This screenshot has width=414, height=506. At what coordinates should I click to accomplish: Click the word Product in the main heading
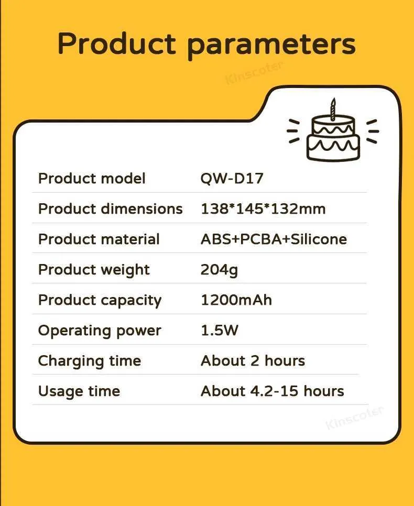click(117, 43)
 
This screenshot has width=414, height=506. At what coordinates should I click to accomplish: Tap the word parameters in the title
click(271, 46)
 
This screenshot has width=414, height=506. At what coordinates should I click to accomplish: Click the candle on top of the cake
click(333, 109)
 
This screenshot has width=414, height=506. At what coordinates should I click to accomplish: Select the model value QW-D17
click(232, 179)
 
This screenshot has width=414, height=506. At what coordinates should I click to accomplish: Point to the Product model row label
click(92, 179)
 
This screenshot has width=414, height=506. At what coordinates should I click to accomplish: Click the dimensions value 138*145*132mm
click(263, 209)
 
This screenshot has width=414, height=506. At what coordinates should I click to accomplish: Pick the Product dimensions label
click(111, 209)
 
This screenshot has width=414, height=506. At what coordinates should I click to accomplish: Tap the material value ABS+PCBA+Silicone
click(274, 239)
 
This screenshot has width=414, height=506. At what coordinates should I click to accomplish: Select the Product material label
click(99, 239)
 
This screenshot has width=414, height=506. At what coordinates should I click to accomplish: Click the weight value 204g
click(219, 270)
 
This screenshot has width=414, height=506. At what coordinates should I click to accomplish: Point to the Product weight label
click(94, 270)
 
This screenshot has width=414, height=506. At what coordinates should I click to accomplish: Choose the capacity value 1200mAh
click(236, 300)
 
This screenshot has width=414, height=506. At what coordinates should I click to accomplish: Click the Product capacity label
click(100, 301)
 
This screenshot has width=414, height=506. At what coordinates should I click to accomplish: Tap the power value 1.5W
click(220, 331)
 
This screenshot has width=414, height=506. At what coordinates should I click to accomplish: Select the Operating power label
click(100, 331)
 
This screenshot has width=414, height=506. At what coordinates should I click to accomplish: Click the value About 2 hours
click(253, 361)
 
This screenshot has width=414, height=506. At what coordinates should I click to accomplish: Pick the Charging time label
click(90, 361)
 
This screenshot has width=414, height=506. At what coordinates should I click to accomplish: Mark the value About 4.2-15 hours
click(273, 391)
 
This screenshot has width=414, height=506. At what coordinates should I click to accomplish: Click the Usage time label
click(79, 392)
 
